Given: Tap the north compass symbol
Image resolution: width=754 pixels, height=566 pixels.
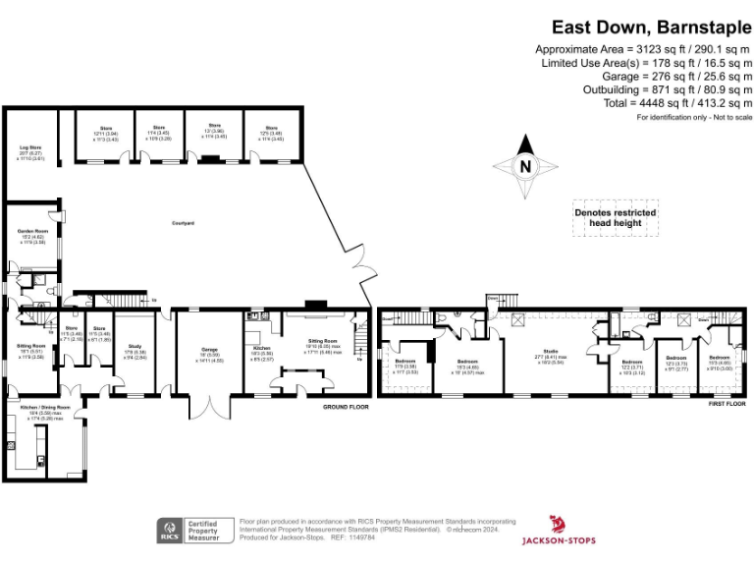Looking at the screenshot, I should (525, 166).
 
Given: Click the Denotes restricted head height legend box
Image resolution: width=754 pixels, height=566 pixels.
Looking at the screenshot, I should (615, 217).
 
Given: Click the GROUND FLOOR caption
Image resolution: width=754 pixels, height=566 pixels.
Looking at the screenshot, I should (346, 406).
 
